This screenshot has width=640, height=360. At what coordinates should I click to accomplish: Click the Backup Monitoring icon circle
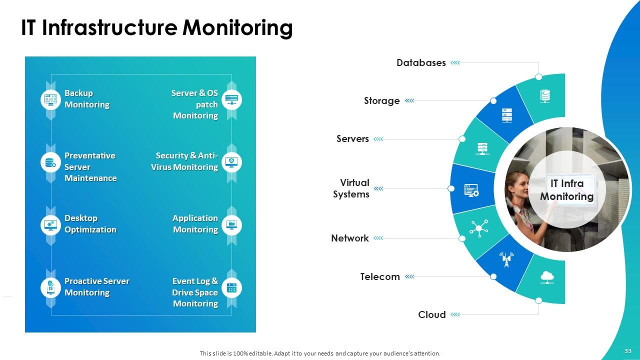pos(50,99)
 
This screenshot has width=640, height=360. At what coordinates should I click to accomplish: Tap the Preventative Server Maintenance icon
pos(50,162)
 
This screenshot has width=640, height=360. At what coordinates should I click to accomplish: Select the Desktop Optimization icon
pos(50,224)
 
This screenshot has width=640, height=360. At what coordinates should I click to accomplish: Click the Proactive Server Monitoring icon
pos(50,287)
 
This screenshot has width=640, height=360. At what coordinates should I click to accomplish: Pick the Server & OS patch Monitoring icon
pos(231,99)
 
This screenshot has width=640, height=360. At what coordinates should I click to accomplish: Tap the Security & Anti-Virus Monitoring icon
pos(231,162)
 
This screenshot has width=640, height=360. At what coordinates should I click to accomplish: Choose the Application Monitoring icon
pos(231,224)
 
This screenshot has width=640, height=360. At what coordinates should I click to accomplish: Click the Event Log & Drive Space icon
pos(231,287)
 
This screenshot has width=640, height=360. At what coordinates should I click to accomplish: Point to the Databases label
pos(421,63)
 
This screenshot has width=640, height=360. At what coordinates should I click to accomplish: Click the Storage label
pos(381,101)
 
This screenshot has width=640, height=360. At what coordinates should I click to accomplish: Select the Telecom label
pos(380,277)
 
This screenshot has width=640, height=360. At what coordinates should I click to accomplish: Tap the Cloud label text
pos(431,315)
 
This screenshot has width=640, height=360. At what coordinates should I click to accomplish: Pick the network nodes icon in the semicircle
pos(478,228)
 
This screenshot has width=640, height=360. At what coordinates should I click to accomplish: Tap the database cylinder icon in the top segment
pos(545,95)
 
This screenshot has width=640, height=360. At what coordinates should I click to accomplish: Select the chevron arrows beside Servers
pos(378,139)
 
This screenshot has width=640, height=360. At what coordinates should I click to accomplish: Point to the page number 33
pos(628,351)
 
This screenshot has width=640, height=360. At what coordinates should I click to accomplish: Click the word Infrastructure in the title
pos(109,28)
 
